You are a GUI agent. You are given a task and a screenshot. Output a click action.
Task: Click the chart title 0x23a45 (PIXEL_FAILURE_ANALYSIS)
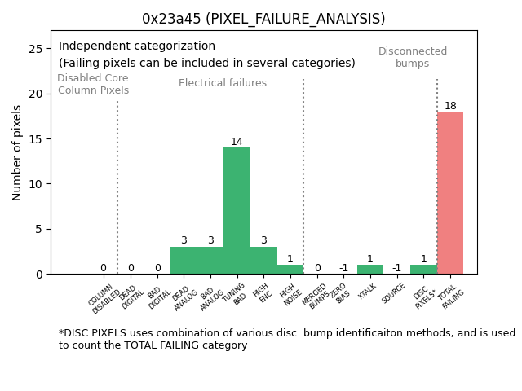click(263, 19)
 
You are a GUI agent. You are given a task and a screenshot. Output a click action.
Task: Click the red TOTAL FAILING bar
click(450, 192)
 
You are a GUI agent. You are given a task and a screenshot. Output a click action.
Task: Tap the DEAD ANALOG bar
click(184, 260)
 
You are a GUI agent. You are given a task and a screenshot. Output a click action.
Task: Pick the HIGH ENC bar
click(263, 260)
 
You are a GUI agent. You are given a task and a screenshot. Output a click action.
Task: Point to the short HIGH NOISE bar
click(290, 269)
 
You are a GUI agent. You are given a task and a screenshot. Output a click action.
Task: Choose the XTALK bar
click(370, 269)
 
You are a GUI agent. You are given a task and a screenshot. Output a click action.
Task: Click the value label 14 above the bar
click(237, 142)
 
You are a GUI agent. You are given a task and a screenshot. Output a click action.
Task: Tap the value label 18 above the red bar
click(450, 106)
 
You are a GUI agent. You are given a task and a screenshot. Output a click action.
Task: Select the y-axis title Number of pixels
click(17, 152)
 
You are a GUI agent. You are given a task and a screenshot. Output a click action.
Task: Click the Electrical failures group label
click(223, 83)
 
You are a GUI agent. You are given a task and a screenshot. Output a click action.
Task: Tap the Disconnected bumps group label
click(413, 58)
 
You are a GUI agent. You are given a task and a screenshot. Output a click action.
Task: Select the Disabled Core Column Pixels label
click(93, 85)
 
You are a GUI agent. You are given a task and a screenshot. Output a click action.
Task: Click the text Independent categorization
click(137, 46)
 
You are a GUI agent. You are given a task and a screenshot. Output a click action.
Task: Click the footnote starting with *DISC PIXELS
click(285, 339)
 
